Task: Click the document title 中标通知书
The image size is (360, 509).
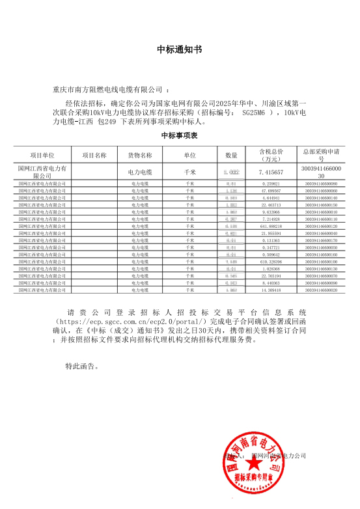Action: pos(180,49)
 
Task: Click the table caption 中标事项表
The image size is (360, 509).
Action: pos(180,136)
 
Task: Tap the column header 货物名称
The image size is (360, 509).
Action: pos(139,156)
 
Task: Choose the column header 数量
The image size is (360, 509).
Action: pos(231,156)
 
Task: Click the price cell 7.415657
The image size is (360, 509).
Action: pos(271,172)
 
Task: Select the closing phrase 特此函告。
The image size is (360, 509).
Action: pos(82,366)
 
